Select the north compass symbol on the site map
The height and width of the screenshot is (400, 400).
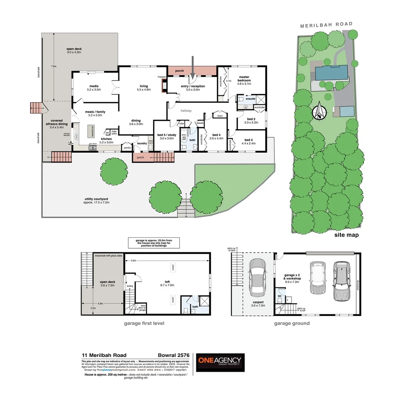(x=319, y=113)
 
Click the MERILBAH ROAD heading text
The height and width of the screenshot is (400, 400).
(x=326, y=24)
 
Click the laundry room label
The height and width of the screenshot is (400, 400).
(x=142, y=143)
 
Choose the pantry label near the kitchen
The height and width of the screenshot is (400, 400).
(x=127, y=147)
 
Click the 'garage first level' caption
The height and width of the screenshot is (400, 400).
(x=144, y=323)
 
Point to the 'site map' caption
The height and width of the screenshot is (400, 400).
(x=346, y=235)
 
